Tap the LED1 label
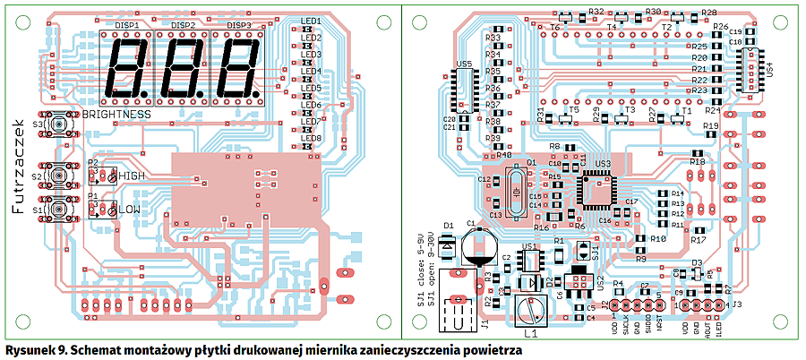point(312,21)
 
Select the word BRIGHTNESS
point(116,116)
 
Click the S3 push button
point(63,124)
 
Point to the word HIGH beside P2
point(131,176)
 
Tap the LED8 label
point(312,138)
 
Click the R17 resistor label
point(699,240)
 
